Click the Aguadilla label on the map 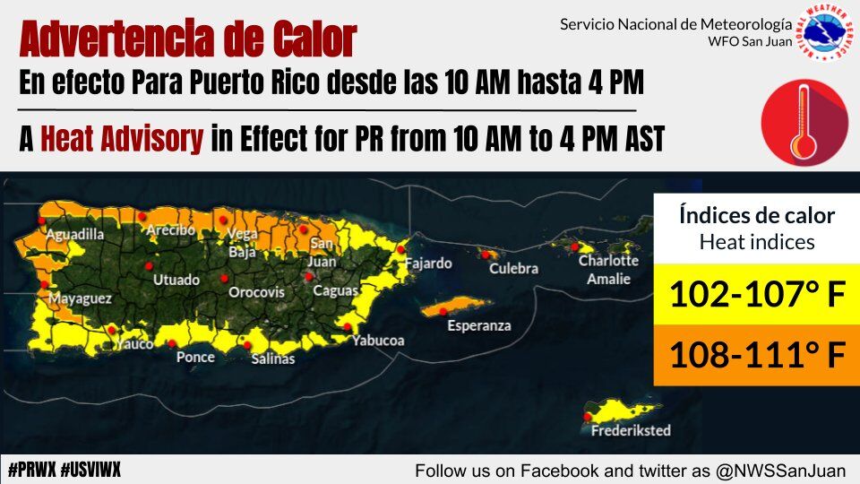point(75,235)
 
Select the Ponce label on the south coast point(195,357)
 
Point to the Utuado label point(176,281)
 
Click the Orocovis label point(256,293)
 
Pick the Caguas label point(336,291)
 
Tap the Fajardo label point(429,264)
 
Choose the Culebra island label point(514,268)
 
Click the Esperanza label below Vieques point(479,325)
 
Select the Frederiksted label point(631,430)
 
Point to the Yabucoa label point(378,341)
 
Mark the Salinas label point(273,359)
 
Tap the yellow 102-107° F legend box point(756,293)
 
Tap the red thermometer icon point(804,122)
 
